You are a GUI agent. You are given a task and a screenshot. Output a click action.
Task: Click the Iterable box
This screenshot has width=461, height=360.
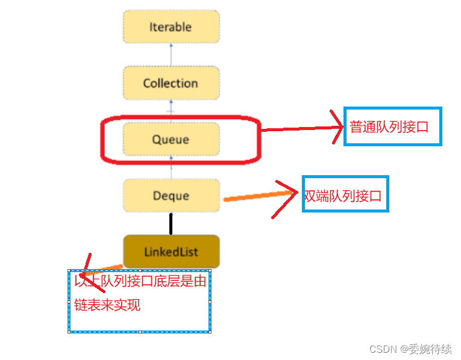tap(171, 27)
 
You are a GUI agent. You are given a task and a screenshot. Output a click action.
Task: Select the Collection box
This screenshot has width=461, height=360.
tap(171, 83)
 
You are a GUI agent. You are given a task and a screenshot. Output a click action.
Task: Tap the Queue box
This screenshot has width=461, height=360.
tap(171, 140)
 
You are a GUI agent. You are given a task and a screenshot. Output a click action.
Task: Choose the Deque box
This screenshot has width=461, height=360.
tap(171, 196)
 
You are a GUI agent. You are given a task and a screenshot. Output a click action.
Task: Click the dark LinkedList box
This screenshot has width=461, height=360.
tap(171, 252)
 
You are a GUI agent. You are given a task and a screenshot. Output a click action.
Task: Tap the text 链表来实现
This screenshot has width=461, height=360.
tap(107, 305)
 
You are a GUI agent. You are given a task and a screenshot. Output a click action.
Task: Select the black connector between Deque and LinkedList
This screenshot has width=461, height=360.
tap(171, 223)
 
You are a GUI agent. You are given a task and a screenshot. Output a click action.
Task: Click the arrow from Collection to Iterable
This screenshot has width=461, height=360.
tap(171, 55)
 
